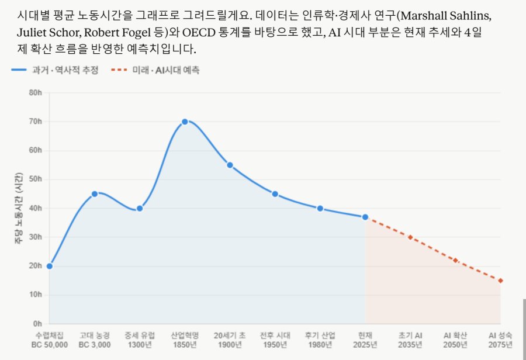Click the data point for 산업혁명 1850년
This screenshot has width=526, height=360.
(x=185, y=122)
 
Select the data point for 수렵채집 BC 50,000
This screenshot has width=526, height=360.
(x=50, y=266)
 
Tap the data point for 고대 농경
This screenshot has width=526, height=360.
(x=95, y=193)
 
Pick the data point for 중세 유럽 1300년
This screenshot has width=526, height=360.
(x=140, y=208)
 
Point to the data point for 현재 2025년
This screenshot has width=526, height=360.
(x=365, y=217)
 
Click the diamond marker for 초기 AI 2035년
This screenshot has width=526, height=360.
(x=410, y=237)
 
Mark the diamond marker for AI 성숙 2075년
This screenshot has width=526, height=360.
(x=500, y=281)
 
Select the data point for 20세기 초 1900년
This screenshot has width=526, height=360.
(x=230, y=165)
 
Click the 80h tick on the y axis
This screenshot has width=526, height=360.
(x=36, y=93)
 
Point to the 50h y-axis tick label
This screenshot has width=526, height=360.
(x=36, y=179)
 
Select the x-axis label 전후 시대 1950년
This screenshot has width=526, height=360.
(x=275, y=340)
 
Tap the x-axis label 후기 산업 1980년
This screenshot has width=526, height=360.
(x=320, y=340)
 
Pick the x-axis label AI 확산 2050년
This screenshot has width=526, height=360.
(x=455, y=340)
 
